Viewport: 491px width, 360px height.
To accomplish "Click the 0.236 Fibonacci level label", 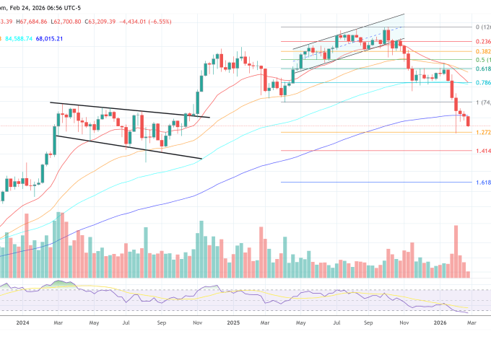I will click(x=482, y=42).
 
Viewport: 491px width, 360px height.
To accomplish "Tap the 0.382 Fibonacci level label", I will click(x=482, y=52).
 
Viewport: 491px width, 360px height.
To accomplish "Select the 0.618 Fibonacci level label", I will click(x=482, y=69).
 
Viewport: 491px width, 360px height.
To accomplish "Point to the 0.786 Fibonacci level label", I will click(x=482, y=84).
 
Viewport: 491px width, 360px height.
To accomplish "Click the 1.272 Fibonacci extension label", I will click(x=482, y=133).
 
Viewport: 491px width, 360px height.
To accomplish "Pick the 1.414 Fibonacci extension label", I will click(x=482, y=152).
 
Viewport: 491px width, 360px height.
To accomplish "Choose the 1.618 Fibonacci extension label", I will click(x=482, y=183).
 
